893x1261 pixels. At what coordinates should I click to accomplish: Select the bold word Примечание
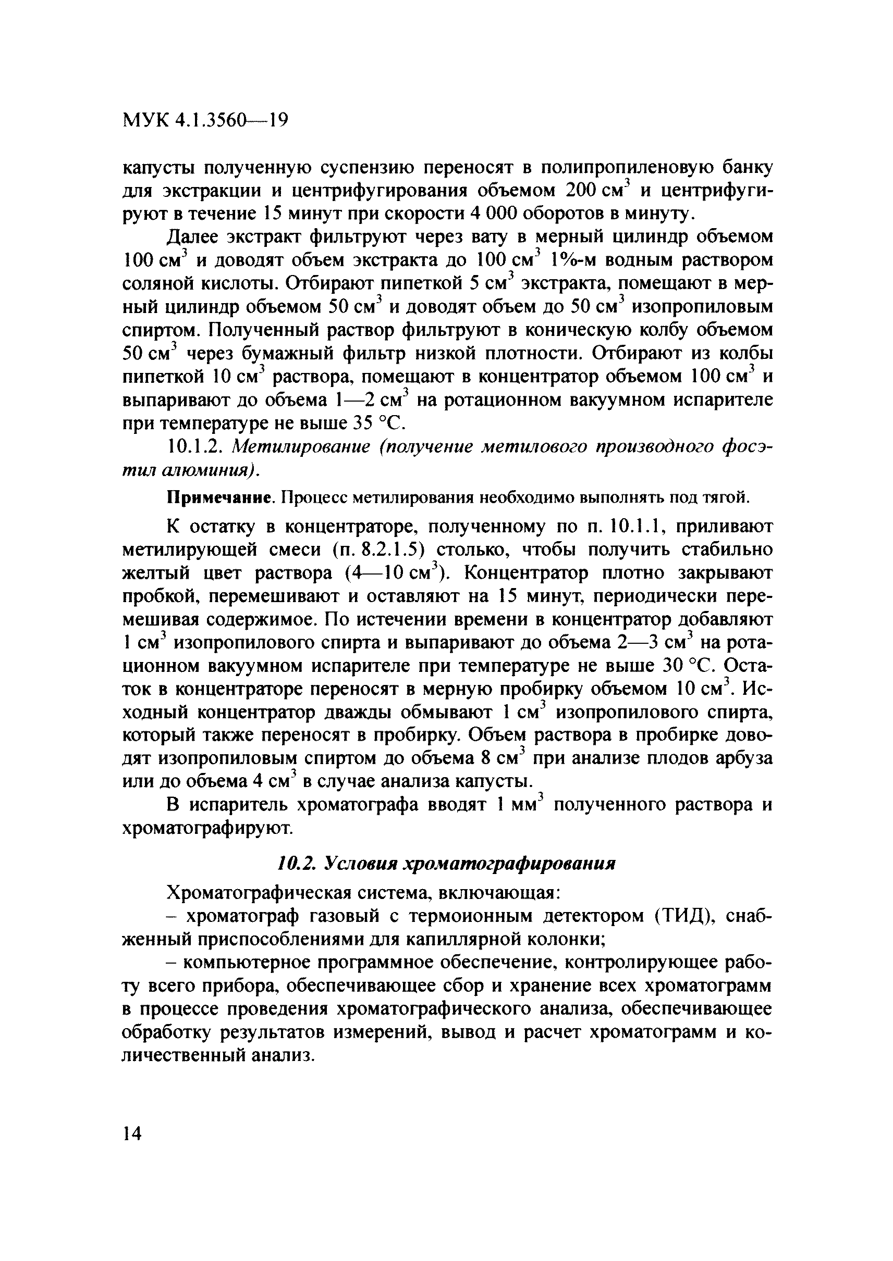click(x=221, y=498)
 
